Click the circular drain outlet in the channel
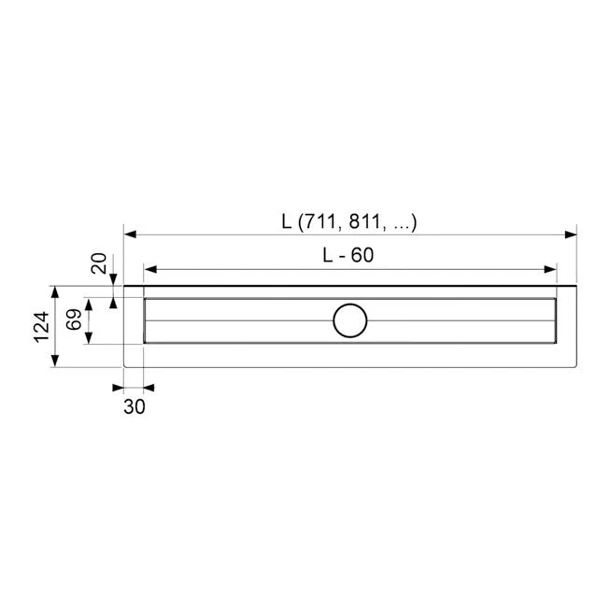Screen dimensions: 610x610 pos(350,320)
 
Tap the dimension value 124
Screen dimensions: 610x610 pos(42,326)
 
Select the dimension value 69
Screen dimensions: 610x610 pos(72,320)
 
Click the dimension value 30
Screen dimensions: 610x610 pos(133,405)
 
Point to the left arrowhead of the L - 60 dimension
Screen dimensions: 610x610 pos(150,268)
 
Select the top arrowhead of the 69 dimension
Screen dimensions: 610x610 pos(89,304)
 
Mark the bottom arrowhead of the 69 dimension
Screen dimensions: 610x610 pos(89,338)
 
